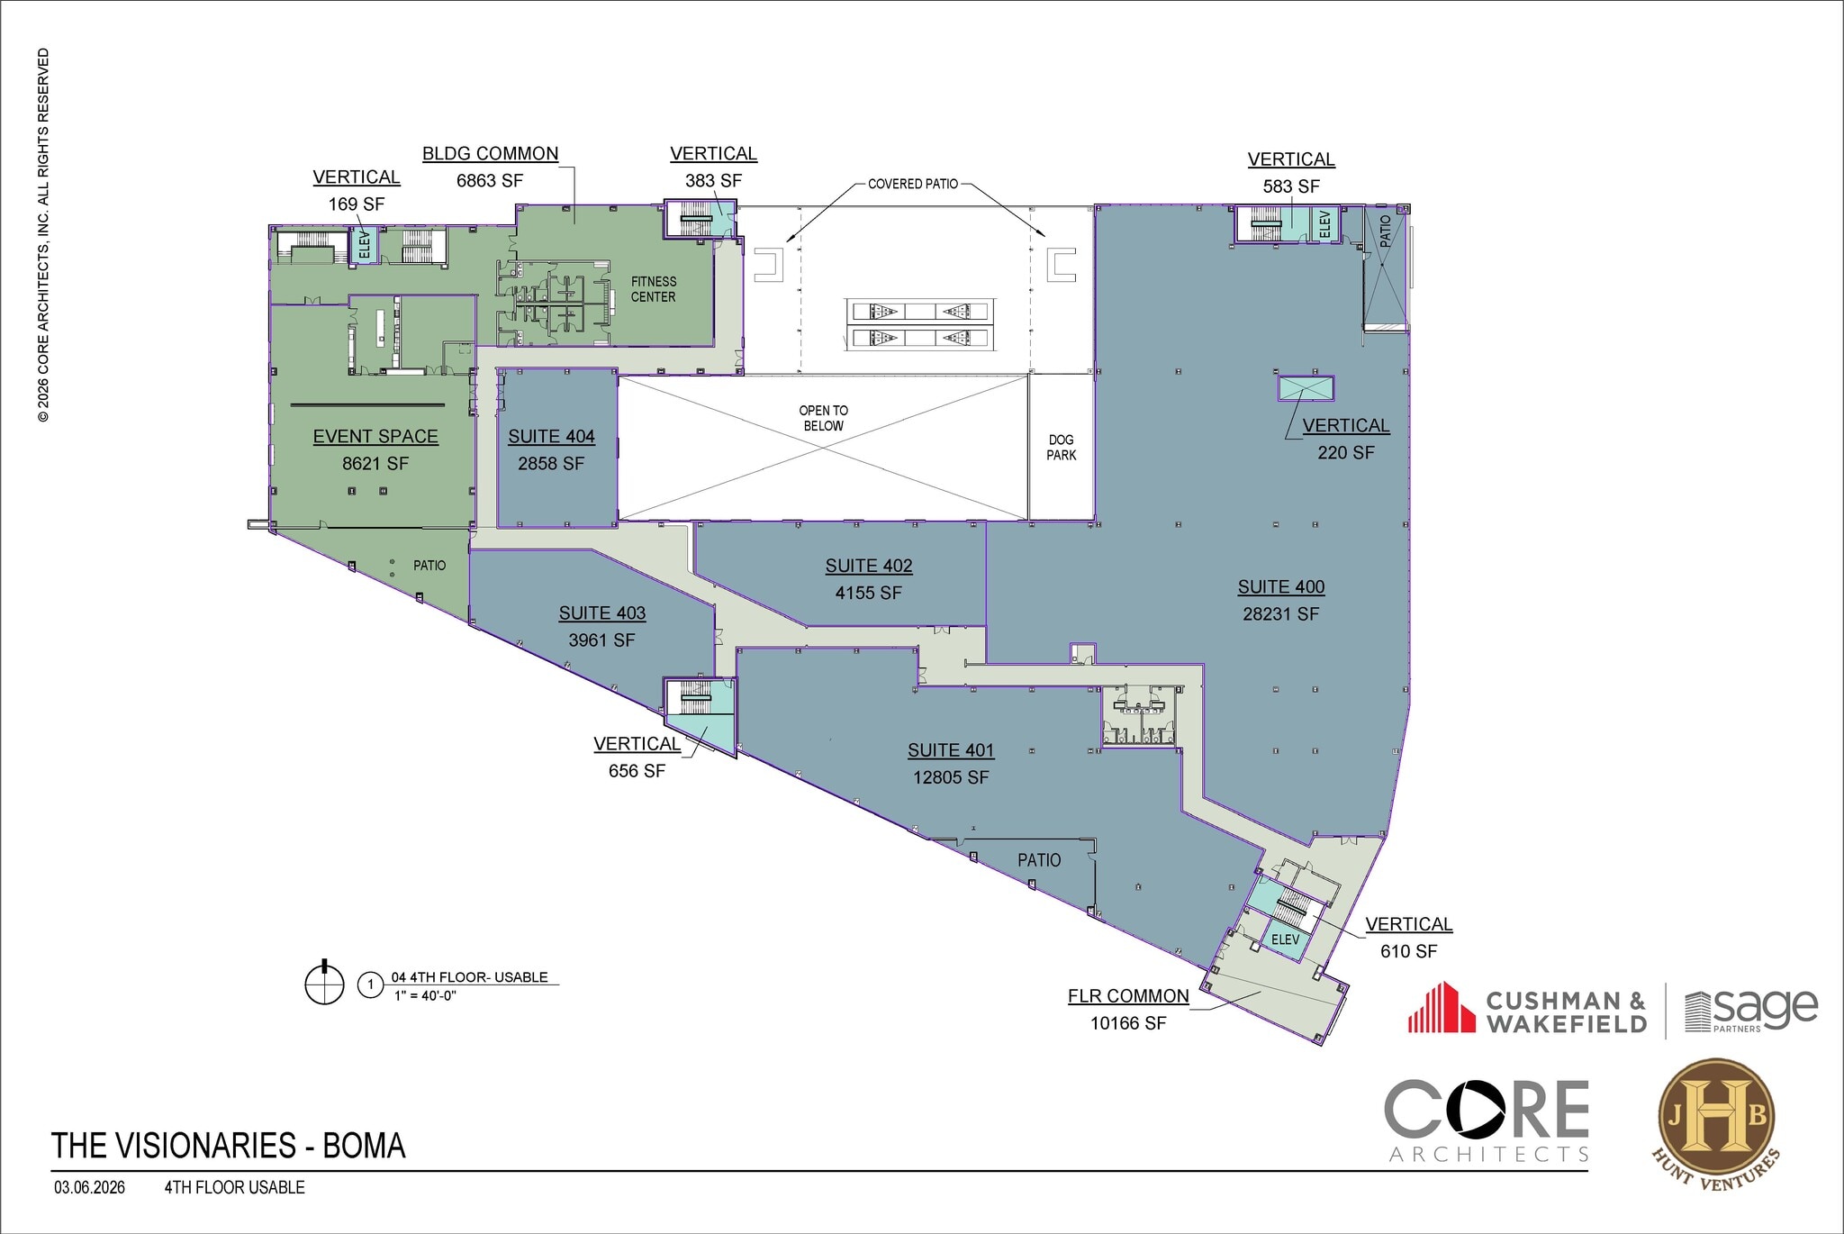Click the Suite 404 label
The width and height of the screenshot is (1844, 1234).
pyautogui.click(x=551, y=437)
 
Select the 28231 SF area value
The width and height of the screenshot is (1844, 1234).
pyautogui.click(x=1280, y=614)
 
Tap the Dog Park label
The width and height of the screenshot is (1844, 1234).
pyautogui.click(x=1061, y=448)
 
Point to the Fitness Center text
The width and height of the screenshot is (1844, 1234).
pyautogui.click(x=653, y=289)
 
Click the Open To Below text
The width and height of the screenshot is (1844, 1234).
pyautogui.click(x=823, y=418)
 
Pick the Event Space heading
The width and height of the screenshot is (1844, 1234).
pyautogui.click(x=375, y=437)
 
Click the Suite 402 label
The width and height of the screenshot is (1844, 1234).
pyautogui.click(x=869, y=566)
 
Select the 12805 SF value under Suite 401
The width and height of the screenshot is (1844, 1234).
pyautogui.click(x=951, y=777)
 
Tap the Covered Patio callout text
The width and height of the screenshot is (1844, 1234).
pyautogui.click(x=912, y=184)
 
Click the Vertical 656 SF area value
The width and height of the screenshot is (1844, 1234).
pyautogui.click(x=637, y=771)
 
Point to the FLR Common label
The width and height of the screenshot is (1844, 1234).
pyautogui.click(x=1128, y=996)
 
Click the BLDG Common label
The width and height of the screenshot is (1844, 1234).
pyautogui.click(x=491, y=154)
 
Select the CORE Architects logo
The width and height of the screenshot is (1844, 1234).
pyautogui.click(x=1486, y=1121)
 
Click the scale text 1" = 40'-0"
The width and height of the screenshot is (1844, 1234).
pyautogui.click(x=425, y=995)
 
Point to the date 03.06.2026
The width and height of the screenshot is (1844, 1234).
pyautogui.click(x=89, y=1187)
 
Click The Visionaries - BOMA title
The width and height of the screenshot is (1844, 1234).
pyautogui.click(x=229, y=1146)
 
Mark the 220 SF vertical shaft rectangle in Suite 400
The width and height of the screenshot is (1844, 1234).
pyautogui.click(x=1306, y=389)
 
